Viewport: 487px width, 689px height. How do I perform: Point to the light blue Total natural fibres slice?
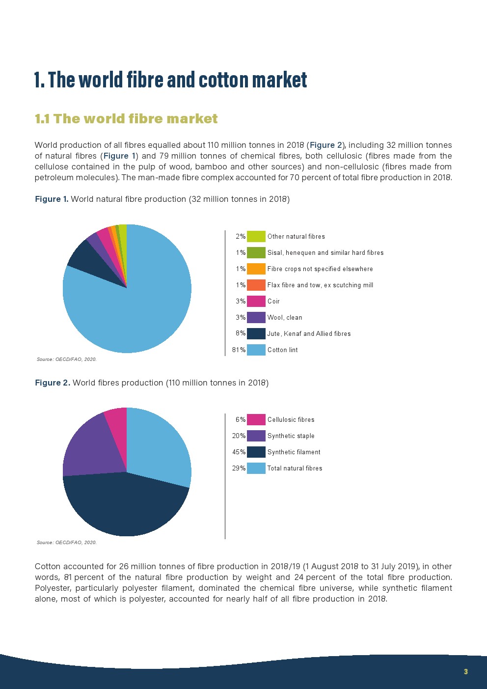[x=157, y=447]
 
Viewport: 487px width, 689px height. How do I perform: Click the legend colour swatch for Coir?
[x=256, y=301]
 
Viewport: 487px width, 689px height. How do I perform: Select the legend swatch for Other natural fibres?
[x=256, y=236]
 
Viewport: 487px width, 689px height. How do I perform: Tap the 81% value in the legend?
[x=239, y=350]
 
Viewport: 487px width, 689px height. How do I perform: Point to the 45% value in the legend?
[x=239, y=452]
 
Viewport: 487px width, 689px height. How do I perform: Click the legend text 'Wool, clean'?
[x=285, y=317]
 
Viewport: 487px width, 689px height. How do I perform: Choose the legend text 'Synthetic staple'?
[x=291, y=436]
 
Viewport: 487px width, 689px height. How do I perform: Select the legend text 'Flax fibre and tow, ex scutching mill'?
[x=320, y=285]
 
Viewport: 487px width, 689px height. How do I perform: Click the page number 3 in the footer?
[x=465, y=671]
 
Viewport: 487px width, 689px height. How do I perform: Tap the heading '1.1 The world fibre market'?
[x=126, y=119]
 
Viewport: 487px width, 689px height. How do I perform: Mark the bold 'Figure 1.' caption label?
[x=52, y=199]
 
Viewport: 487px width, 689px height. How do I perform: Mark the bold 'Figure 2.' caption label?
[x=53, y=383]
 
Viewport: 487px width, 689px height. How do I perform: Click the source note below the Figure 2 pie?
[x=67, y=542]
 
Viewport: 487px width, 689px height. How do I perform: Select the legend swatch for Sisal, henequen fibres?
[x=256, y=252]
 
